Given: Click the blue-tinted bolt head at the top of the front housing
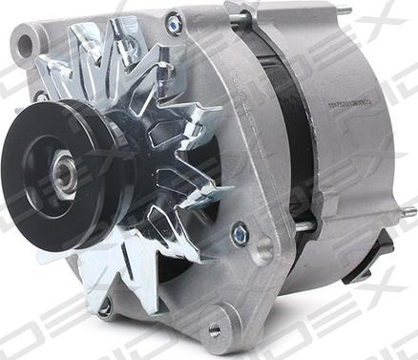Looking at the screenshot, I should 174,22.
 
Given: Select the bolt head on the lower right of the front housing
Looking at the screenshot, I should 240,232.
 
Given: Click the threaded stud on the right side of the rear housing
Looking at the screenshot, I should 405,212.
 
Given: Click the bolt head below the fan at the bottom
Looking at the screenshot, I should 104,307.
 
